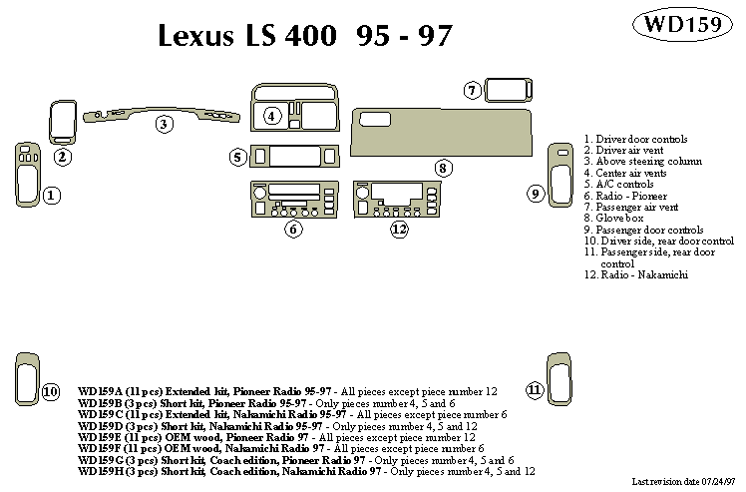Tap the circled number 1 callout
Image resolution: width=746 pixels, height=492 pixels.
click(52, 196)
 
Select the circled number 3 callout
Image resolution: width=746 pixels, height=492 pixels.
click(164, 124)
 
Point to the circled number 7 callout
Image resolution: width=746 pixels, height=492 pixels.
click(473, 91)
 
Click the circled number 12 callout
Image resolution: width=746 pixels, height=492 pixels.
click(400, 230)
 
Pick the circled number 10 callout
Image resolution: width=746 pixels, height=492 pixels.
click(51, 389)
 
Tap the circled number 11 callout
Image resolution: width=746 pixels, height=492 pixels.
click(535, 389)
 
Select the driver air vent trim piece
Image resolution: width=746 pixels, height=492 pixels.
click(63, 124)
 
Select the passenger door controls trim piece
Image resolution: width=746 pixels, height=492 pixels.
click(563, 174)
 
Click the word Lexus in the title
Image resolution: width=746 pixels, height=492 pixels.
click(198, 36)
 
